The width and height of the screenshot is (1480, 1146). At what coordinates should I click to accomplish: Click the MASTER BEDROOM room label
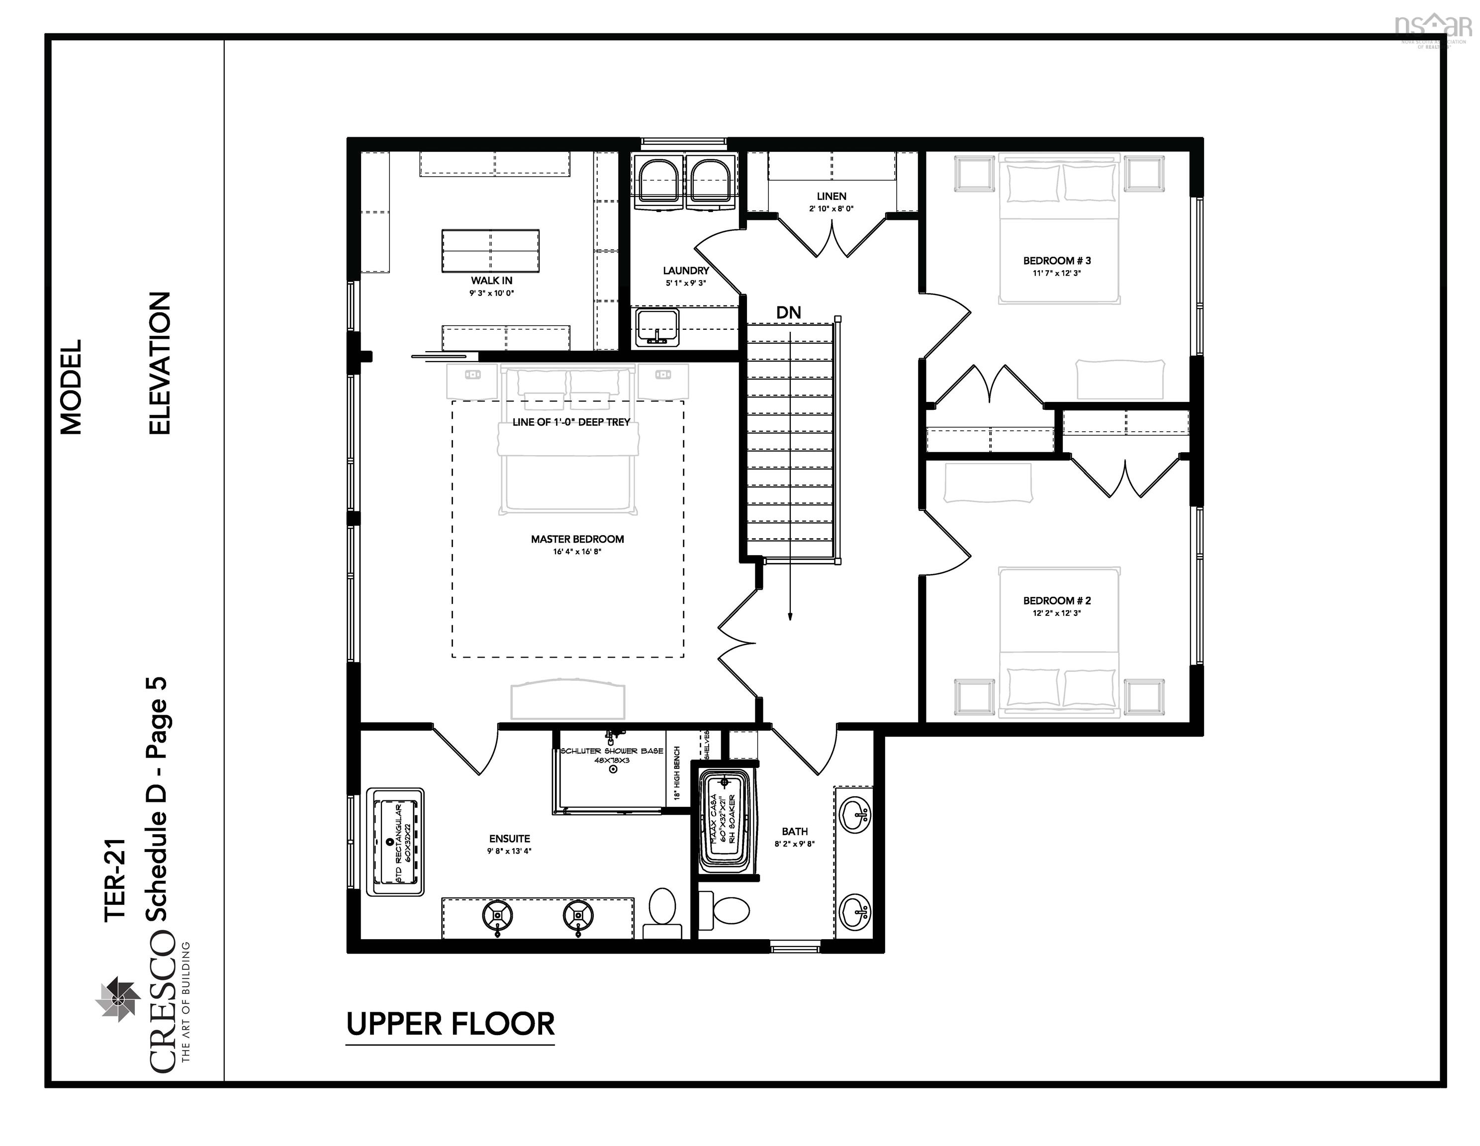(577, 540)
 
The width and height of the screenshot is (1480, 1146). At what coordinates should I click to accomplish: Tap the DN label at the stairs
(788, 312)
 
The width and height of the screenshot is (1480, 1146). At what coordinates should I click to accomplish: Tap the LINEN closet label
(831, 196)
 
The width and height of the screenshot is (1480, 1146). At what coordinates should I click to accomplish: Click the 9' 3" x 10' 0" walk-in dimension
(491, 293)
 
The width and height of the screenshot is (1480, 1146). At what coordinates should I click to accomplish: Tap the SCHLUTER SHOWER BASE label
(611, 751)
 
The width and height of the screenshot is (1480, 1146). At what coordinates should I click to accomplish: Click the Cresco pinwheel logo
(117, 998)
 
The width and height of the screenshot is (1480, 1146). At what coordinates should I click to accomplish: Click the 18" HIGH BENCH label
(677, 772)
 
